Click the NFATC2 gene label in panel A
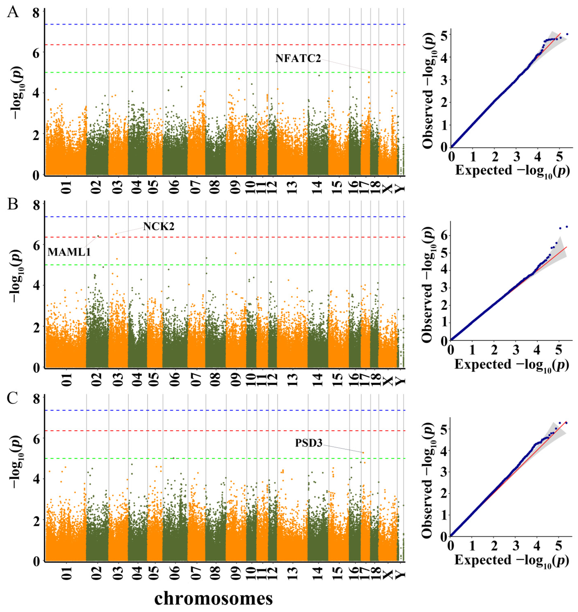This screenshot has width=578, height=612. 298,58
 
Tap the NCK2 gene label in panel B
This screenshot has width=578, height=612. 159,226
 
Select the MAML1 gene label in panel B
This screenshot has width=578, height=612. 69,252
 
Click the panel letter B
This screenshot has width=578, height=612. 13,204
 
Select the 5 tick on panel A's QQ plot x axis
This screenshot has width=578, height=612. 559,157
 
